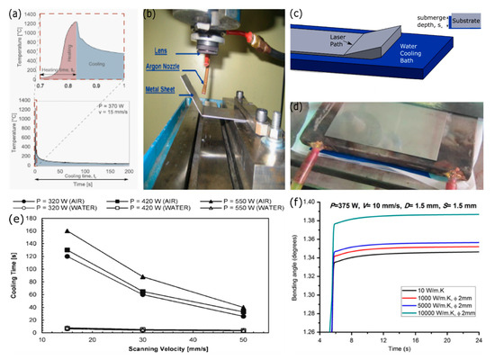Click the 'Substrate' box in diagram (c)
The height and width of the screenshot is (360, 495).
(x=464, y=19)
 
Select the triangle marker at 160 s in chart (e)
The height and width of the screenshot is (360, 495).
(x=67, y=231)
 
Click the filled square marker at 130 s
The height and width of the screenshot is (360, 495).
(x=67, y=249)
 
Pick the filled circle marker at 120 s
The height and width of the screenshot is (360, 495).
(x=67, y=256)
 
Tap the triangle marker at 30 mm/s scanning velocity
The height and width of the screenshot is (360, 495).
(x=143, y=276)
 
